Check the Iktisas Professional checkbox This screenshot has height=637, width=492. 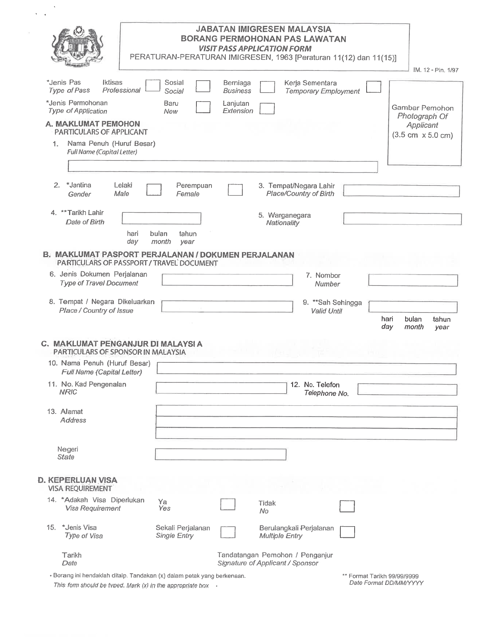tap(153, 86)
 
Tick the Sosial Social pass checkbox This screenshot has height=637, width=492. tap(203, 86)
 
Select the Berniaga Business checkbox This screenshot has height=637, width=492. tap(267, 87)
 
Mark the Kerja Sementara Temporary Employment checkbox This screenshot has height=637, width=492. tap(373, 87)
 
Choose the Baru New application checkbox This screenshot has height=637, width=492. tap(203, 107)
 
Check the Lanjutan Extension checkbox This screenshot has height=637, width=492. tap(267, 108)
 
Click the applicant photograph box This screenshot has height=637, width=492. tap(425, 123)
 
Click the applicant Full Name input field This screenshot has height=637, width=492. tap(223, 167)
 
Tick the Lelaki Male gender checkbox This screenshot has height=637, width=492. tap(154, 190)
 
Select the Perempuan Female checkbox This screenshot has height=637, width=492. tap(235, 190)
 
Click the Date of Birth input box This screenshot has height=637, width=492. tap(161, 218)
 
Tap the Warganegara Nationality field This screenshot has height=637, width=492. tap(402, 219)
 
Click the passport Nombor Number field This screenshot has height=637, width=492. tap(413, 280)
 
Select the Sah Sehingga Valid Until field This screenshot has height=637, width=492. tap(413, 307)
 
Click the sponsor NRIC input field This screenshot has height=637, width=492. tap(221, 388)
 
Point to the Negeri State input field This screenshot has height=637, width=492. tap(221, 454)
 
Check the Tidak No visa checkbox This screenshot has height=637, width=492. tap(347, 506)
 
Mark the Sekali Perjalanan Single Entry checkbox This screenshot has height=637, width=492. tap(228, 532)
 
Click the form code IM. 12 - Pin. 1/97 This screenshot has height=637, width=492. tap(436, 70)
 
